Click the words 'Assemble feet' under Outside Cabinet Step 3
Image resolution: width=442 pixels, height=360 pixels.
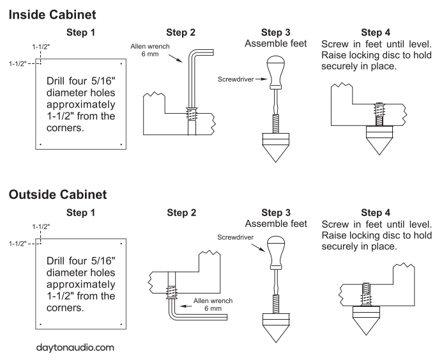coord(275,224)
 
